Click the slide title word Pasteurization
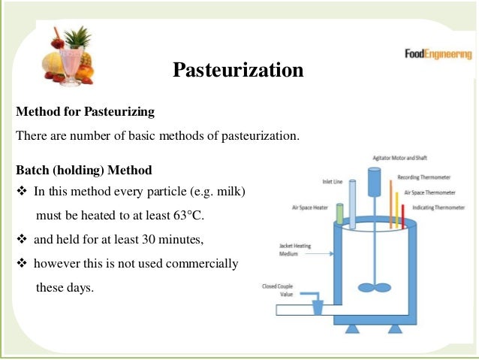(x=238, y=70)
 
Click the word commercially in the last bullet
(x=202, y=264)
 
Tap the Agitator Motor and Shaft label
(x=401, y=158)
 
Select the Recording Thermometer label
(x=424, y=177)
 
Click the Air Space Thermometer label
(x=430, y=192)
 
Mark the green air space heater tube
(x=339, y=214)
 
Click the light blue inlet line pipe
(x=352, y=203)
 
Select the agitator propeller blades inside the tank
(x=373, y=286)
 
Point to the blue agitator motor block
(x=374, y=181)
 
